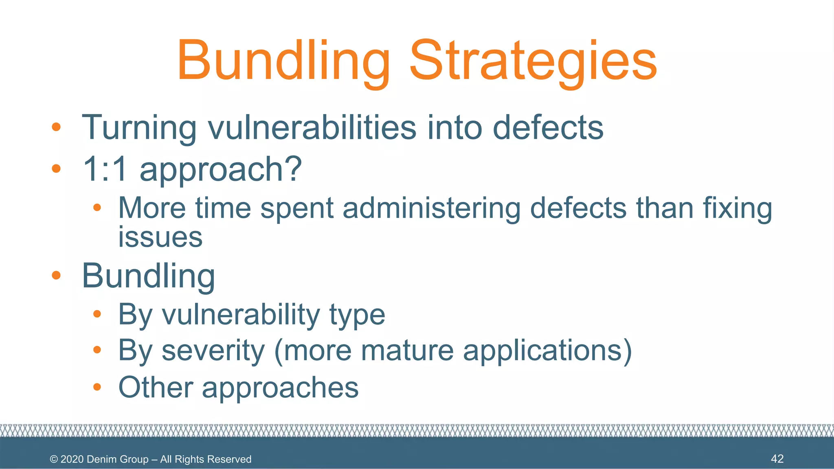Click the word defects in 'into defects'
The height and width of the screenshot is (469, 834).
tap(548, 128)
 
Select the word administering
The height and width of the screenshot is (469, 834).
tap(432, 208)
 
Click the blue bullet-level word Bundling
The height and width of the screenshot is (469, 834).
tap(148, 276)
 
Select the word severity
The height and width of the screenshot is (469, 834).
tap(213, 351)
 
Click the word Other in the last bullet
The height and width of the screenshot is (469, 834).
tap(156, 387)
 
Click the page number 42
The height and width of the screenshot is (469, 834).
tap(777, 459)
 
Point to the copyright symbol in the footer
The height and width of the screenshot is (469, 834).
tap(54, 459)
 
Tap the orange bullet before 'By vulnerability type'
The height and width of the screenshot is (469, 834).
tap(97, 314)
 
